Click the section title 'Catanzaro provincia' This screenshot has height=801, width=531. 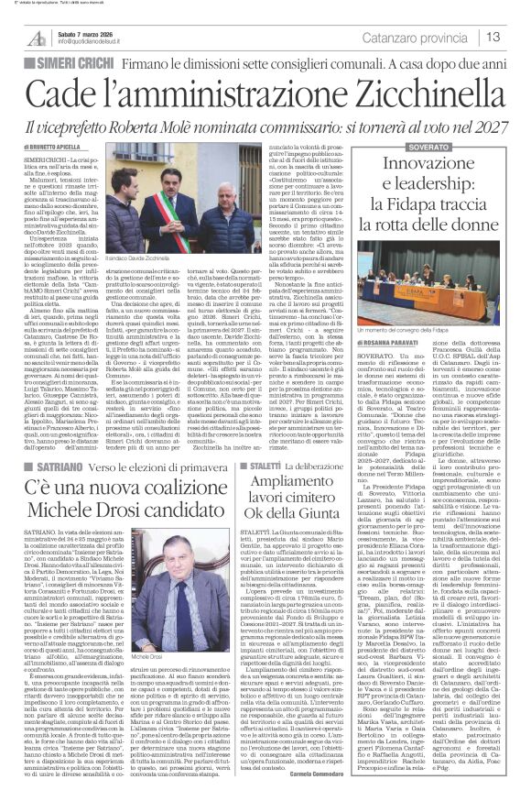tap(430, 37)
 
